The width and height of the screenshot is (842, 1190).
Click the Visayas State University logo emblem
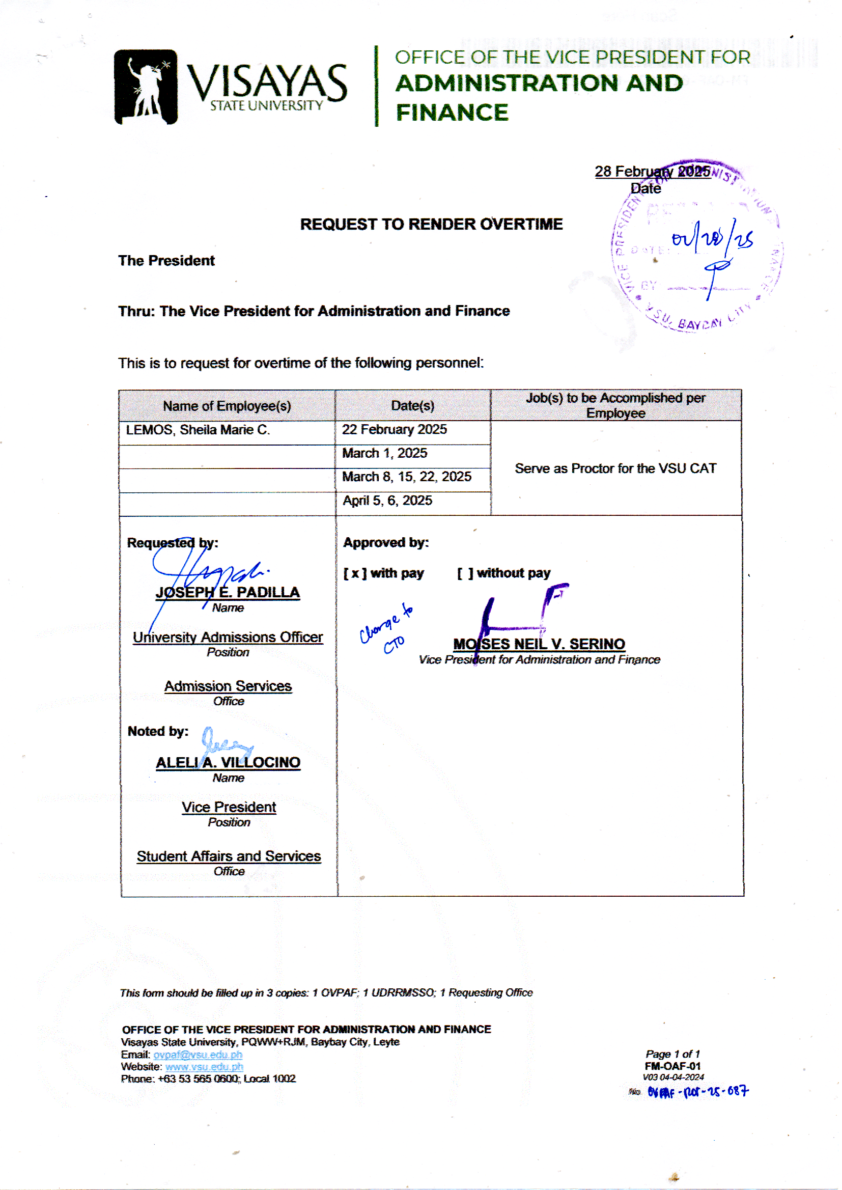[x=146, y=87]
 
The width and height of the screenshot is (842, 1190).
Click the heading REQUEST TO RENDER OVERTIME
[x=431, y=224]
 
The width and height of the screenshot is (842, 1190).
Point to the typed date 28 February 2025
[x=652, y=172]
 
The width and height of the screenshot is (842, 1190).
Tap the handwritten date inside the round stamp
[x=712, y=239]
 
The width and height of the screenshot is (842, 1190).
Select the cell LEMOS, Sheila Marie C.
[x=198, y=430]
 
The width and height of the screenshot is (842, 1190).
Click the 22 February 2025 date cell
[x=394, y=429]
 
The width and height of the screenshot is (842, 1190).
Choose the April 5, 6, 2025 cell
[x=387, y=501]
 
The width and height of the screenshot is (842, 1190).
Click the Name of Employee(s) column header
[x=227, y=406]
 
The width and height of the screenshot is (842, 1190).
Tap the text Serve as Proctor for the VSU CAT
[x=615, y=468]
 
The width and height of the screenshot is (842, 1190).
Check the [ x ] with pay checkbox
[x=355, y=573]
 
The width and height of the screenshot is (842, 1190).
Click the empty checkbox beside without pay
[x=465, y=573]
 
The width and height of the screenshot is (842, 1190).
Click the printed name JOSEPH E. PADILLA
[x=228, y=592]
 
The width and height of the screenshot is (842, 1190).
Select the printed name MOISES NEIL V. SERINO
[x=539, y=644]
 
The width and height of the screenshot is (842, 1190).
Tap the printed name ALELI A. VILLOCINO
[x=228, y=762]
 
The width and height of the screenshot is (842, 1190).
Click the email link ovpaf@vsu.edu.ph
[x=198, y=1055]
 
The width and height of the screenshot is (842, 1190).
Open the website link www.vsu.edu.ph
[x=204, y=1067]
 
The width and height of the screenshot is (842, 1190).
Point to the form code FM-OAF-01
[x=672, y=1066]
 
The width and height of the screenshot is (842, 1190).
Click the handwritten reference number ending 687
[x=697, y=1092]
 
